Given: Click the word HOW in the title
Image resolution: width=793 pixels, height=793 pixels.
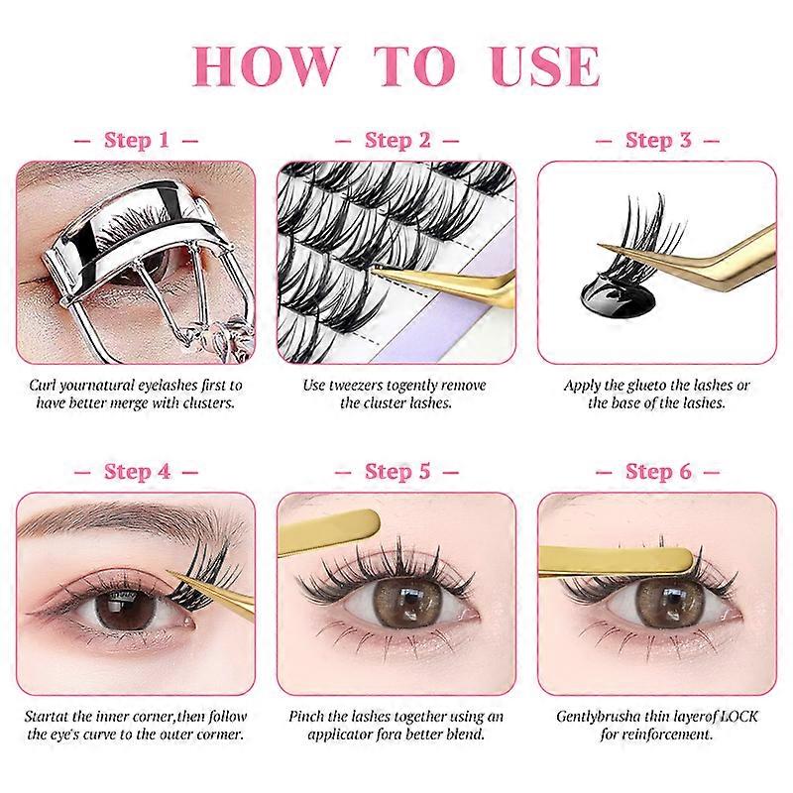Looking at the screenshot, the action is [265, 66].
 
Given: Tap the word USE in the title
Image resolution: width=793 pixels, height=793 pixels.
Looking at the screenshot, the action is [545, 66].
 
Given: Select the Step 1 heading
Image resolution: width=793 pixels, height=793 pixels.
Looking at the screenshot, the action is [137, 140].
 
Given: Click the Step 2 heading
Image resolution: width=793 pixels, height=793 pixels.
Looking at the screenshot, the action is [397, 140].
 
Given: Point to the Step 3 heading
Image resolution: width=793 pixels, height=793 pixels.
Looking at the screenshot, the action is [658, 140].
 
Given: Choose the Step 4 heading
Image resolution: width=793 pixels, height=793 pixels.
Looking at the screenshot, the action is [137, 472].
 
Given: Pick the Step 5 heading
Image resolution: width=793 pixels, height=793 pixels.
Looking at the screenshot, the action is [397, 472].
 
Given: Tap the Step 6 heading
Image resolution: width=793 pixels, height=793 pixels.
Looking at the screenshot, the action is [658, 472].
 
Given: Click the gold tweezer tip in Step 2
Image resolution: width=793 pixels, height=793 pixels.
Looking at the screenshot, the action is [375, 271].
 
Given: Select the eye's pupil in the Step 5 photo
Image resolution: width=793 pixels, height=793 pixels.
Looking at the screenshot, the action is [406, 600].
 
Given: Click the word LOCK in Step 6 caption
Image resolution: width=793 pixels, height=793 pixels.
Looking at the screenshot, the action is [738, 716].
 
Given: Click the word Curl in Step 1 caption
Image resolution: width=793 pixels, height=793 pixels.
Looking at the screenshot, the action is [42, 386].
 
